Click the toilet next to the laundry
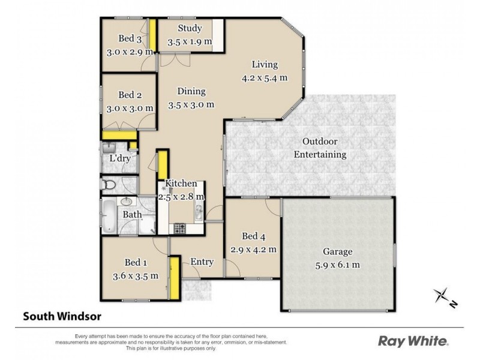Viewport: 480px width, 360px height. (x=109, y=185)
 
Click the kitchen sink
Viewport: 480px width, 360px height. (x=199, y=210)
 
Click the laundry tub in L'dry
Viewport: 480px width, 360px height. (x=109, y=148)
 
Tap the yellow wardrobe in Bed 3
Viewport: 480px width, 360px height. (x=153, y=35)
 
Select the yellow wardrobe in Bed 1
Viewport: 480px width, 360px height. (x=175, y=276)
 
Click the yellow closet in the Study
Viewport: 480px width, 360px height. (x=220, y=35)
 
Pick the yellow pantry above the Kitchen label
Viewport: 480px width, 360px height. (x=162, y=164)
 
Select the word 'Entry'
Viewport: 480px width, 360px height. (x=202, y=262)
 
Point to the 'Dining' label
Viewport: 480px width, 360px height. (x=191, y=92)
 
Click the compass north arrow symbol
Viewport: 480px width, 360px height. (x=443, y=296)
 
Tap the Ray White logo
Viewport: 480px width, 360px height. (x=413, y=341)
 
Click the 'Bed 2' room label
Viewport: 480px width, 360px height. (x=130, y=95)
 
